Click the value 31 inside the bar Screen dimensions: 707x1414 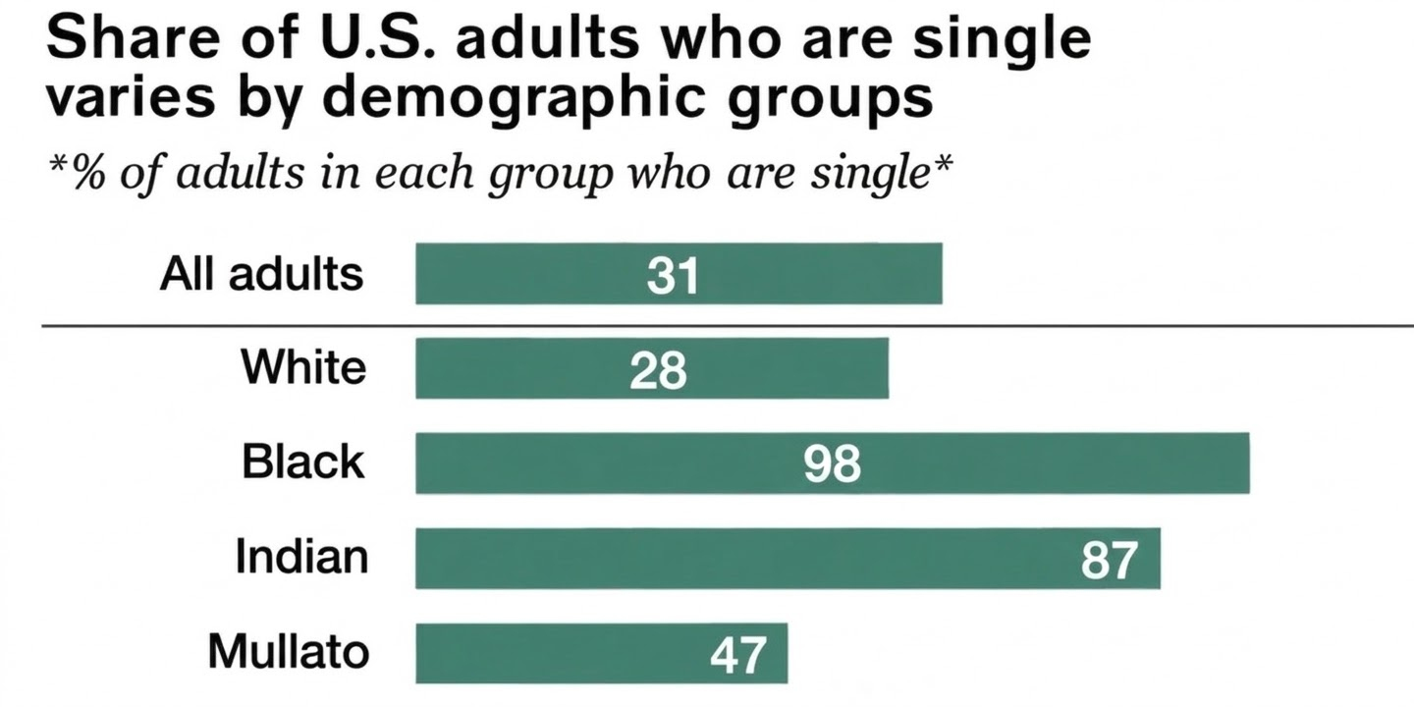[673, 276]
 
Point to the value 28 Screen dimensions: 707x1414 [658, 370]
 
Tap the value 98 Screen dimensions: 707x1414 [832, 464]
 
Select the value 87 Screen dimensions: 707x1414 [1109, 560]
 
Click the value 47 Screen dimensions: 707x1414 [736, 655]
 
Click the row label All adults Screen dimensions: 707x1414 [261, 274]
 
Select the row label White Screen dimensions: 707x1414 [303, 368]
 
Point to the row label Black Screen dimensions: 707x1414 [302, 462]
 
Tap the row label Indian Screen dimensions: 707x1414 [301, 558]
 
